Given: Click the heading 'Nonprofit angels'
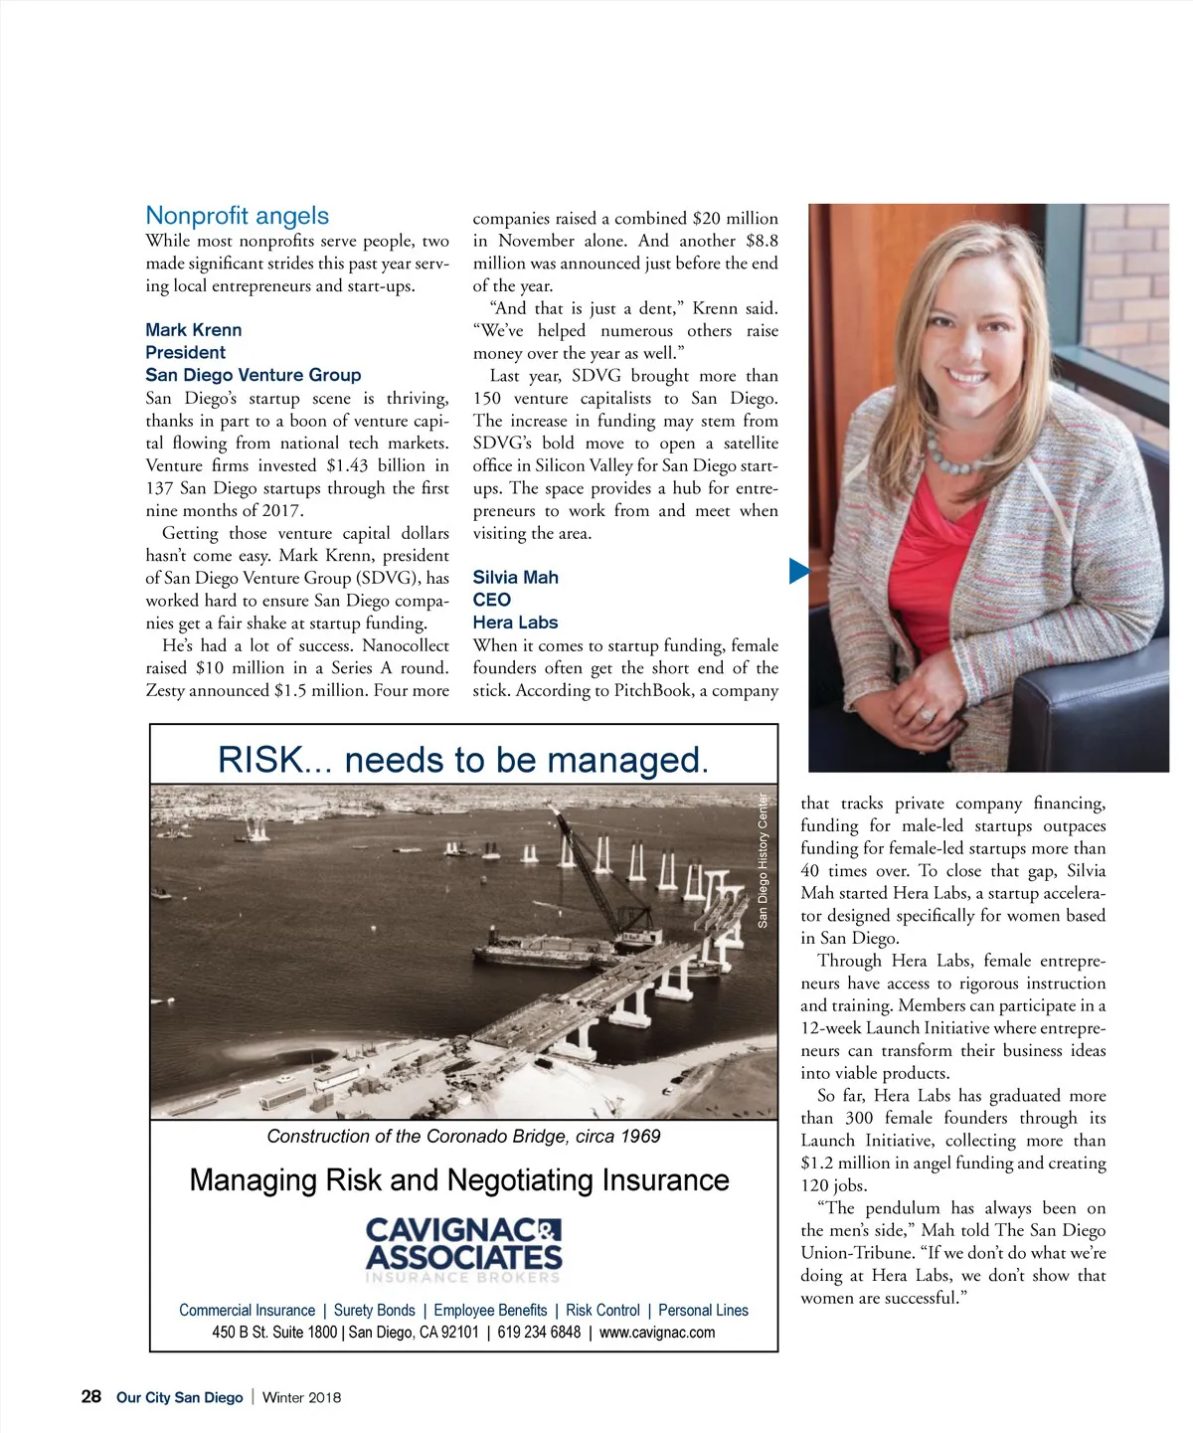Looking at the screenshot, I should point(237,216).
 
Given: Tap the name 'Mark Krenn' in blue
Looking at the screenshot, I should point(193,330).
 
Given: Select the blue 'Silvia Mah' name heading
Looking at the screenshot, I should point(515,578).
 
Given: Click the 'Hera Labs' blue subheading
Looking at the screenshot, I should point(515,623).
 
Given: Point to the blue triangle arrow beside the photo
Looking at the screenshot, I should point(798,571).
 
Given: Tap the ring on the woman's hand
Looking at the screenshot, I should point(927,714).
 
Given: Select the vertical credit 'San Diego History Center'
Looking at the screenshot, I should point(764,860).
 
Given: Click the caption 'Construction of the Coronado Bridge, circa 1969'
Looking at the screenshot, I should point(463,1137).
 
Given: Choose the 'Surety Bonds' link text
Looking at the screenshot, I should point(374,1311).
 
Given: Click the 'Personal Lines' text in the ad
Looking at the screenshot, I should point(703,1311).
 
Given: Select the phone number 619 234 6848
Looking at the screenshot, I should point(539,1333).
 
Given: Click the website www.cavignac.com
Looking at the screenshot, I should point(657,1333).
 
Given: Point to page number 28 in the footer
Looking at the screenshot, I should point(91,1397).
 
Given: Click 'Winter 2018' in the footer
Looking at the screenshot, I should point(301,1397).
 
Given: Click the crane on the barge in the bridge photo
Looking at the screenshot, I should point(596,875).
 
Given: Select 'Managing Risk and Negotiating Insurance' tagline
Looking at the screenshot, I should point(459,1180).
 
